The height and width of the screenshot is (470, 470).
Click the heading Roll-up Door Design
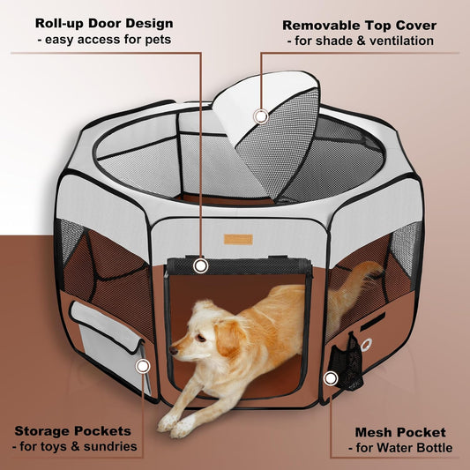104,23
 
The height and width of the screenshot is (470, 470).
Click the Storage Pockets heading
73,431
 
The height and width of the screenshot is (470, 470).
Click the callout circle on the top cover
260,116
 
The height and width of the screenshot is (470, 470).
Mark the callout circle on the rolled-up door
201,265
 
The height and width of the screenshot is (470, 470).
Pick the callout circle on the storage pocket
141,364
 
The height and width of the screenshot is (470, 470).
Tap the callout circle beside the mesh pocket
331,378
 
